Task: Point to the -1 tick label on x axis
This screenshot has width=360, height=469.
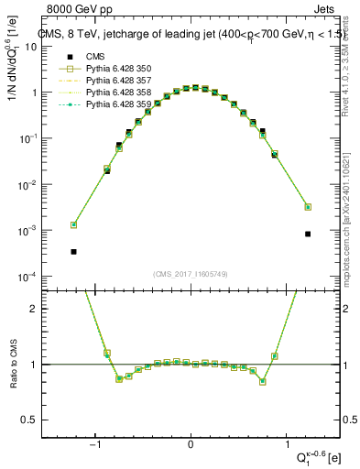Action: (94, 445)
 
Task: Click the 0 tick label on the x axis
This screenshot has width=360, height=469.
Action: (191, 445)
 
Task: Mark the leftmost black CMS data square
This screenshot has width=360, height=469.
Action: (73, 251)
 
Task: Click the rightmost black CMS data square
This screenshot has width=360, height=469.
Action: (308, 234)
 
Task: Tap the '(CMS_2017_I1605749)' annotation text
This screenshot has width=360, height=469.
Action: (191, 274)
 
